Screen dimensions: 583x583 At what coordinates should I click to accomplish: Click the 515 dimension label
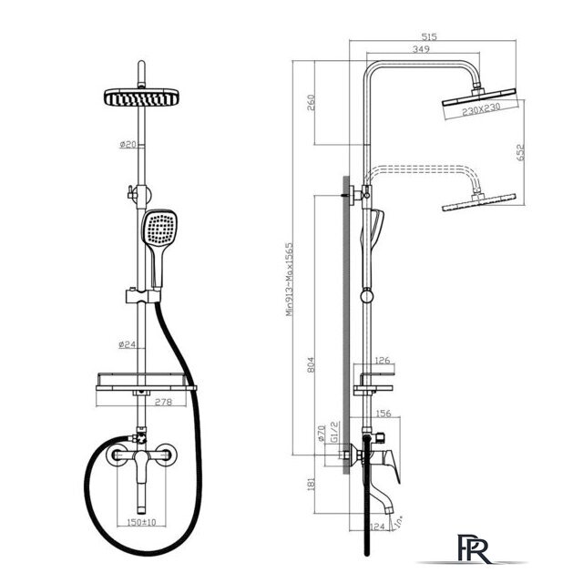pos(429,36)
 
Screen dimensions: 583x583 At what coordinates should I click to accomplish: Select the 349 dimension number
pos(421,49)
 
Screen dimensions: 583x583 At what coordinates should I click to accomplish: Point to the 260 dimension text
pos(311,103)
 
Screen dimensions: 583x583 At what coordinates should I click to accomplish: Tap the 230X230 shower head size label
pos(481,109)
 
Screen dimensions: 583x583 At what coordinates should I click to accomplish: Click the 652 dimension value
pos(520,152)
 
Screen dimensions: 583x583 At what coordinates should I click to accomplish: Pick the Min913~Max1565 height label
pos(290,280)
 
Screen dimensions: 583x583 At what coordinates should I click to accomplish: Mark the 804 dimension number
pos(311,364)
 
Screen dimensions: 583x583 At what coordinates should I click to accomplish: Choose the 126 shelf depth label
pos(383,360)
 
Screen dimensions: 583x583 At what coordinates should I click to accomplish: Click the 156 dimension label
pos(384,413)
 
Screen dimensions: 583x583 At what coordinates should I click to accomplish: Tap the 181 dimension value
pos(311,484)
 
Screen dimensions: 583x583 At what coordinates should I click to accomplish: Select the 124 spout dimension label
pos(377,527)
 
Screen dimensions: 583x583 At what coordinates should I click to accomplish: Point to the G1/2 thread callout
pos(334,432)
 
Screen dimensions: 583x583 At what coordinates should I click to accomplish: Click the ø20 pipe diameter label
pos(128,144)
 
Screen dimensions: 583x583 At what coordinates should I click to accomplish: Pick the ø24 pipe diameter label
pos(128,344)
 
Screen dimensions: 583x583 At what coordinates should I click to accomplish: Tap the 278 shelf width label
pos(163,402)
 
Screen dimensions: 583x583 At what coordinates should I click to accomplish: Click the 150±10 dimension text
pos(141,522)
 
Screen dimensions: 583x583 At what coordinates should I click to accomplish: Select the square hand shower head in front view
pos(159,228)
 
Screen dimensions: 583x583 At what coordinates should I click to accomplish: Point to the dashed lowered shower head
pos(479,202)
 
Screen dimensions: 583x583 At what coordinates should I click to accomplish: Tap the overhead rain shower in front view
pos(141,97)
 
